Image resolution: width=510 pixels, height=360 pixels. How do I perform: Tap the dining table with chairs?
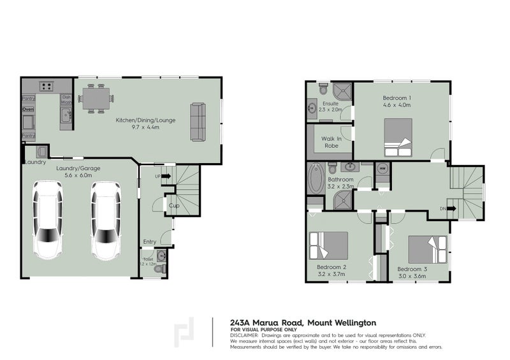(97, 99)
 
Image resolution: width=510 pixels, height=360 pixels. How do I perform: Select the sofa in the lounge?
(198, 122)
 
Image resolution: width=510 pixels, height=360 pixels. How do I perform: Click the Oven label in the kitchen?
(28, 110)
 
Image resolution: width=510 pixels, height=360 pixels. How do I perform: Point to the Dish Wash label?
(66, 100)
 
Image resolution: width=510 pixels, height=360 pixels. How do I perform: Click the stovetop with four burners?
(45, 86)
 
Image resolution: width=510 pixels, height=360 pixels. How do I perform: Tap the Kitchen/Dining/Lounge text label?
(145, 120)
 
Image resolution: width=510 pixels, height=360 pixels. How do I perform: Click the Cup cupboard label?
(173, 206)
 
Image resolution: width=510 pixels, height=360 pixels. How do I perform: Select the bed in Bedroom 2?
(328, 245)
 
